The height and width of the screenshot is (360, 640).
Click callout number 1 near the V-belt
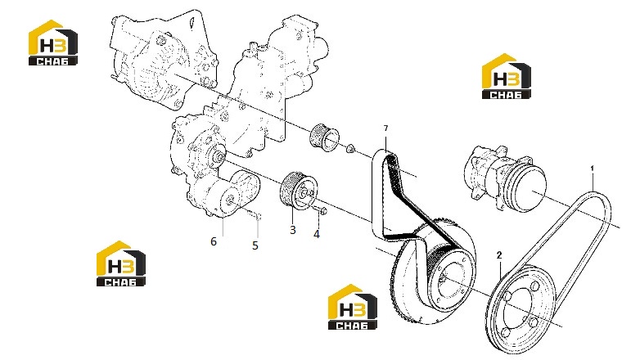(x=593, y=169)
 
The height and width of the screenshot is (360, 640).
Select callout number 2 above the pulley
(x=498, y=255)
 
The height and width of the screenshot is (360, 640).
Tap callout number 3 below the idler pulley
(x=293, y=230)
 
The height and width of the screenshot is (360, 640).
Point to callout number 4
(x=317, y=234)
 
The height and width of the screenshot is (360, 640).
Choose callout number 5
(x=255, y=245)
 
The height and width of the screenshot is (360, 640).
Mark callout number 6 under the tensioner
(x=214, y=241)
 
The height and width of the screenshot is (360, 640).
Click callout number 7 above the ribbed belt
(x=385, y=128)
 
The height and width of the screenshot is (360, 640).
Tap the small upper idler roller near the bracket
(x=324, y=137)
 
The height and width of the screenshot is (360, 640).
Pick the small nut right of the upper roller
(x=350, y=149)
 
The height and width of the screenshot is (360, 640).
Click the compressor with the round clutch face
(x=505, y=178)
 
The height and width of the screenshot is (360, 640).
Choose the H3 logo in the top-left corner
(x=52, y=43)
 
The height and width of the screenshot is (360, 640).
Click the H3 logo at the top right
(x=506, y=76)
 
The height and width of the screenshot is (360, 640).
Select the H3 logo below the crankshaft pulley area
(x=352, y=307)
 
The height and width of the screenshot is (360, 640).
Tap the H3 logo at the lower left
(x=121, y=263)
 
